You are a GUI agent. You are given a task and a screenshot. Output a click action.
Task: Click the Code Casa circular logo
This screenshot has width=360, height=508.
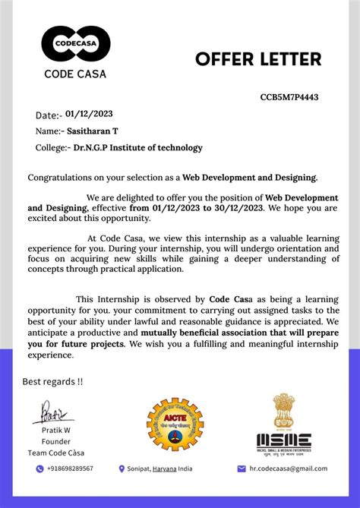pos(76,44)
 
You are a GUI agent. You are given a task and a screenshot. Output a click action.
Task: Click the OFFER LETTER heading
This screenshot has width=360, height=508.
pos(258,59)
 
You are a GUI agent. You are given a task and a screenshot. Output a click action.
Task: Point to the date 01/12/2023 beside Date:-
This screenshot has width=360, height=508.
pos(89,114)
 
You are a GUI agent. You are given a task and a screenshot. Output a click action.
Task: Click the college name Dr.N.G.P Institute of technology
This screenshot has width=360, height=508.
pos(138,147)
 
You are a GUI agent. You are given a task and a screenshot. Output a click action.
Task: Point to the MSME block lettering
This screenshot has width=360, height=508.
pos(283,440)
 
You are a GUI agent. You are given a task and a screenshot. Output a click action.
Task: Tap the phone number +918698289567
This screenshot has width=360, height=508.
pos(70,469)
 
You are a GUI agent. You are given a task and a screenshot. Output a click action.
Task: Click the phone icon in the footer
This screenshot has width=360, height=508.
pos(39,469)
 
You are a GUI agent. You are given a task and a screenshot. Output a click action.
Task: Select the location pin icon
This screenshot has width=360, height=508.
pos(122,469)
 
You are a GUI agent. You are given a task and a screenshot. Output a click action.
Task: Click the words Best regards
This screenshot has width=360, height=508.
pos(52,381)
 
